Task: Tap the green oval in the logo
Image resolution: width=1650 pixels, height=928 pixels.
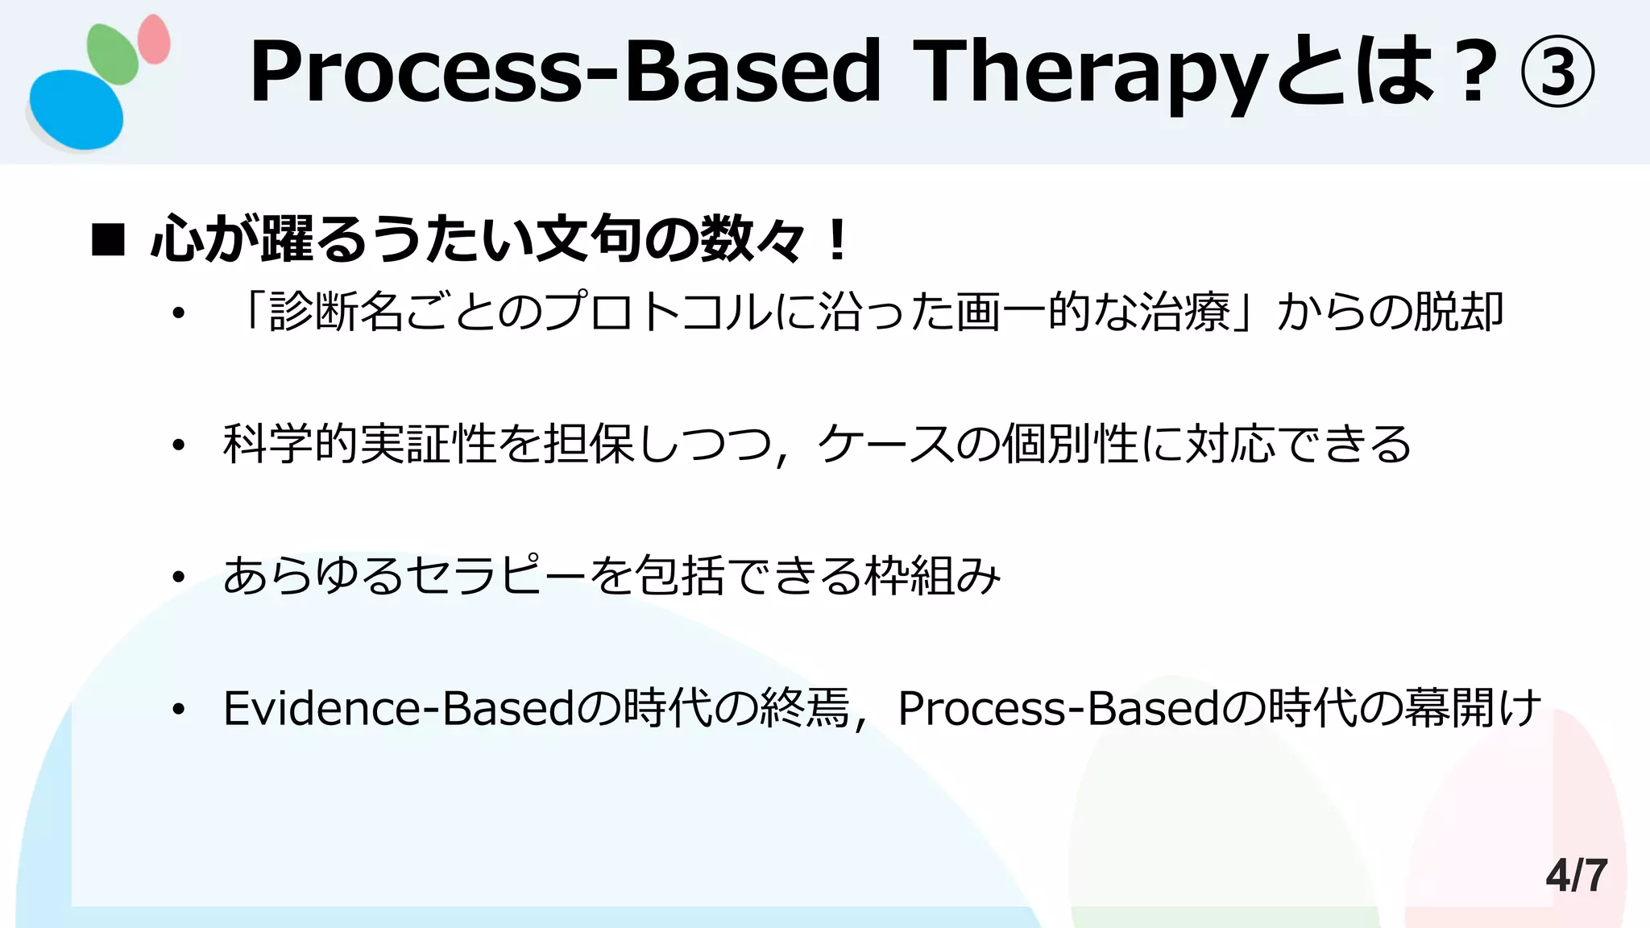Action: [x=113, y=53]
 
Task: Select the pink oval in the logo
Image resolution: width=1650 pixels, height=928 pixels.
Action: [x=154, y=39]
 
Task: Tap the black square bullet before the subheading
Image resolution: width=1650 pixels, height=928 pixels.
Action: [x=108, y=240]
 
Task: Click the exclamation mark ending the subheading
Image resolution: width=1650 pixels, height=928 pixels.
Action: [x=838, y=240]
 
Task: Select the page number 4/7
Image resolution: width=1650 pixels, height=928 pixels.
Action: [x=1576, y=875]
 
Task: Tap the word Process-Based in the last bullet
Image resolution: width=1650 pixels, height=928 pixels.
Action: [x=1059, y=708]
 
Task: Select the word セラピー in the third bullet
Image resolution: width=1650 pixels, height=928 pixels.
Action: [x=496, y=576]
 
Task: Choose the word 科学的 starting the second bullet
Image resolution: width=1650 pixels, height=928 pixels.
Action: [x=291, y=444]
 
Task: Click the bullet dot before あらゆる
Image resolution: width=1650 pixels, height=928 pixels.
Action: [x=179, y=577]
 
